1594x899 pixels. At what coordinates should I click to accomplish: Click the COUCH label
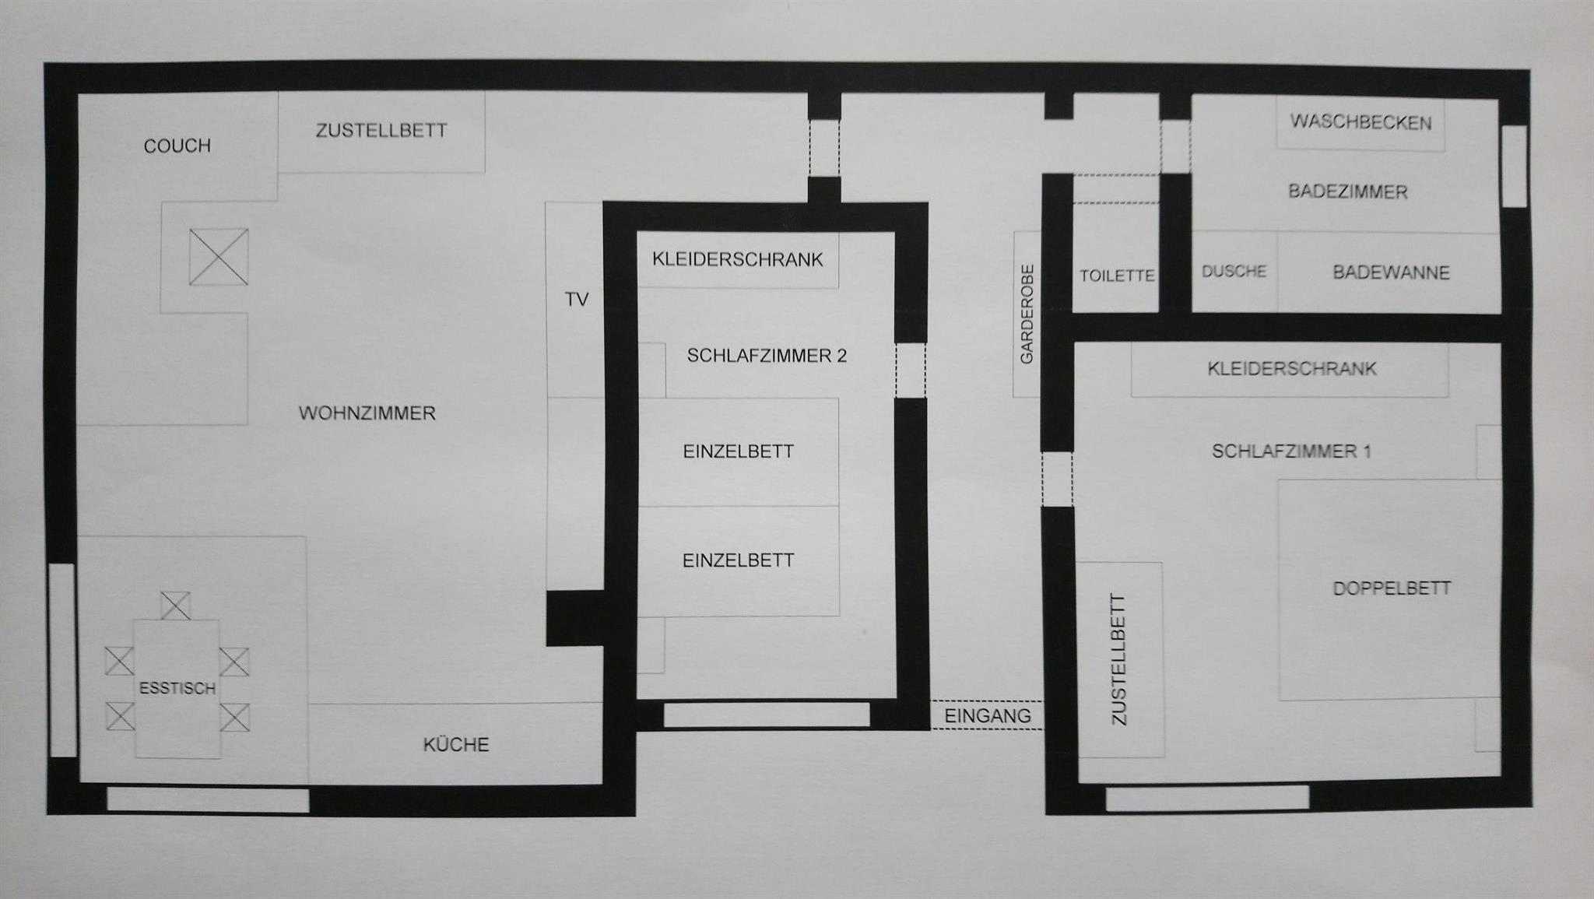(177, 146)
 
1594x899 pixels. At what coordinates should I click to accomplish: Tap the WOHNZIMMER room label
(367, 413)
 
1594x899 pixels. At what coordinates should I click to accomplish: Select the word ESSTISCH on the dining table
(177, 688)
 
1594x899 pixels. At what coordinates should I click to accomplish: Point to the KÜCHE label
(456, 744)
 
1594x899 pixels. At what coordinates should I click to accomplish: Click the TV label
(577, 300)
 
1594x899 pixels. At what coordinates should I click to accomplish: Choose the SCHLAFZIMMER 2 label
(767, 356)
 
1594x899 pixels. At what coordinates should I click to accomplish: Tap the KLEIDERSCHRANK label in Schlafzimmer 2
(738, 259)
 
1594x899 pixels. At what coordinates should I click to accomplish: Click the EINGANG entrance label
(988, 715)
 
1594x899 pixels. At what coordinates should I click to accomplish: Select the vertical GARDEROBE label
(1027, 314)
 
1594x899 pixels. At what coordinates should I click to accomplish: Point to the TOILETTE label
(1117, 276)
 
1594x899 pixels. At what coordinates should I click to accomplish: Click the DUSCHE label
(1234, 272)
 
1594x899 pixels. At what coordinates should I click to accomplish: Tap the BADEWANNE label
(1391, 272)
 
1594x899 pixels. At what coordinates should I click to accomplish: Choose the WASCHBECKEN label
(1361, 122)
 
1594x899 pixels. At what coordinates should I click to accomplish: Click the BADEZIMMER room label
(1348, 191)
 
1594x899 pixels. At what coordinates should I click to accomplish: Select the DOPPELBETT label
(1392, 588)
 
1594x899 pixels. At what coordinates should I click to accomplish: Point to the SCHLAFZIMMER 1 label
(1291, 451)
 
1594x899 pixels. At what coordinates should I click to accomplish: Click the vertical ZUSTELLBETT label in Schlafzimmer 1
(1118, 659)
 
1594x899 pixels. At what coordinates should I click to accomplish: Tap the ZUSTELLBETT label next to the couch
(381, 131)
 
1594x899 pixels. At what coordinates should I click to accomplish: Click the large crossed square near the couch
(219, 256)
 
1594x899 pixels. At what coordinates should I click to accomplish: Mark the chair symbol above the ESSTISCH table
(176, 606)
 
